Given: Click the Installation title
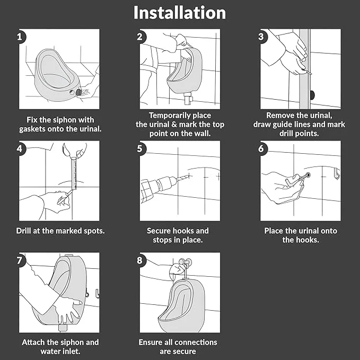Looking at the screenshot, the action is click(x=180, y=13).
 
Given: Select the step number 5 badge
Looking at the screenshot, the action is click(x=141, y=148).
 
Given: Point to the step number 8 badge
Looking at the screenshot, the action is click(x=141, y=260).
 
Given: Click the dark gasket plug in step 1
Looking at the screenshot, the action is click(x=78, y=92).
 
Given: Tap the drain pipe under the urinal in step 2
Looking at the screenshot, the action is click(x=188, y=99).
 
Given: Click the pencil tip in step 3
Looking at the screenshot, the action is click(x=310, y=74).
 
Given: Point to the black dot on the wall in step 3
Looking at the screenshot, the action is click(x=312, y=95).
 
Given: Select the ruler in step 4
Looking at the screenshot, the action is click(x=74, y=173).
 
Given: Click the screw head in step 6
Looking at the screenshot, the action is click(x=308, y=175).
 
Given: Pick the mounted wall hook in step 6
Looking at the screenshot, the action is click(x=337, y=173).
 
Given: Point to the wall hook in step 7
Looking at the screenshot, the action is click(x=98, y=293).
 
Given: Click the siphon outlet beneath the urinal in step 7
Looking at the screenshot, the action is click(x=63, y=328).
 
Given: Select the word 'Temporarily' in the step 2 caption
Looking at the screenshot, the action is click(x=167, y=116).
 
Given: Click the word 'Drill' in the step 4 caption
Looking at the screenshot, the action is click(x=23, y=231).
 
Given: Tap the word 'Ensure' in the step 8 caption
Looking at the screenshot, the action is click(x=151, y=343).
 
